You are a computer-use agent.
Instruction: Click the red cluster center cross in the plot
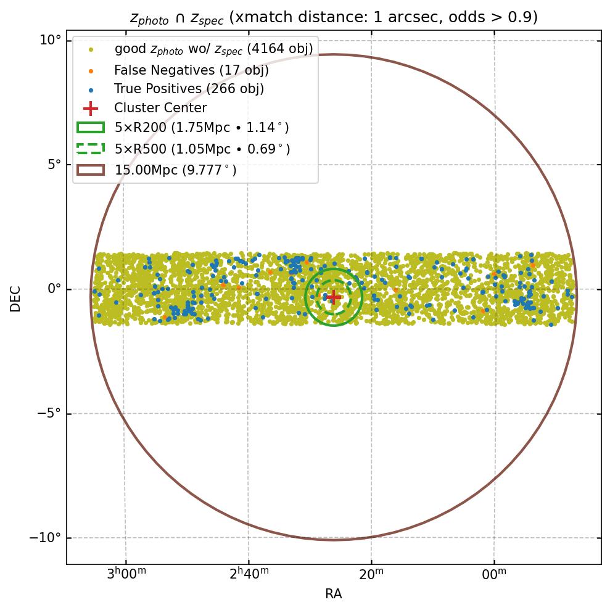pyautogui.click(x=333, y=297)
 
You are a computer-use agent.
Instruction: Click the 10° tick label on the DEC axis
pyautogui.click(x=51, y=41)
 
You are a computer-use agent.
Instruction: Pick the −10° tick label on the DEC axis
pyautogui.click(x=45, y=538)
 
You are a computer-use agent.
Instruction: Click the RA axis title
pyautogui.click(x=333, y=594)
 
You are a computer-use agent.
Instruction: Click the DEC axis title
pyautogui.click(x=15, y=298)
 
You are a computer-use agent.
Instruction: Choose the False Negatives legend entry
pyautogui.click(x=191, y=70)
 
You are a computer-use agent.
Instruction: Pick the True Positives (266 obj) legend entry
pyautogui.click(x=189, y=89)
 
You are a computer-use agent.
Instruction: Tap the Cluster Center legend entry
pyautogui.click(x=160, y=108)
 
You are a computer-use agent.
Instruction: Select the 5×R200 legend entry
pyautogui.click(x=202, y=128)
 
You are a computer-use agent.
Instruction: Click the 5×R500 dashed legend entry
pyautogui.click(x=202, y=149)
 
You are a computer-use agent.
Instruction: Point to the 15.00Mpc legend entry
pyautogui.click(x=176, y=170)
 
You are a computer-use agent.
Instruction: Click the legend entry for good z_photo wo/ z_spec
pyautogui.click(x=213, y=49)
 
